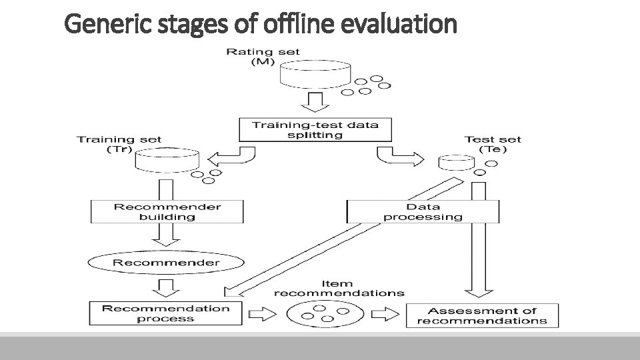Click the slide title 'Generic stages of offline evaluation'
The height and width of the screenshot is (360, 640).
[261, 25]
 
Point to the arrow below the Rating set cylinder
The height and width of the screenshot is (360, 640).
[314, 103]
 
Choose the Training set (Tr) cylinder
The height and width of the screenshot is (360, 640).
[167, 159]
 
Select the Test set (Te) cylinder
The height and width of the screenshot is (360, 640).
[455, 162]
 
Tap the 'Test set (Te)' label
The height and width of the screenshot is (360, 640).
[493, 144]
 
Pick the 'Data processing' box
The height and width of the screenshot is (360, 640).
[423, 211]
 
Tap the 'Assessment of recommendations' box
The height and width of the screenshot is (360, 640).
[482, 315]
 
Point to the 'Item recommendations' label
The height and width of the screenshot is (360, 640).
[339, 288]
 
